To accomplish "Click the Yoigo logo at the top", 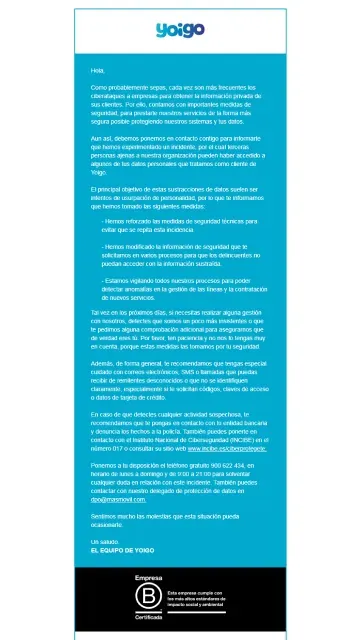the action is click(180, 31).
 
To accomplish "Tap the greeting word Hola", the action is click(97, 70).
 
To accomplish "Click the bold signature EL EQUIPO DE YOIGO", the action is click(125, 550).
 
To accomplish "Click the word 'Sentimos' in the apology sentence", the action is click(106, 517).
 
